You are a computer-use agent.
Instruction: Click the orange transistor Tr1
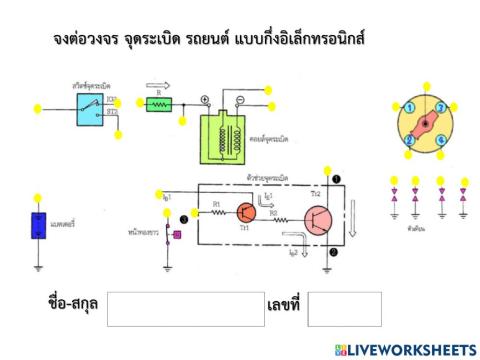246,212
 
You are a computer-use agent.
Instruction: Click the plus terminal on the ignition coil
205,100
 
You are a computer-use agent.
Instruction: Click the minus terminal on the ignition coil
240,100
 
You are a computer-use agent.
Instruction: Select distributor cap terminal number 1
410,108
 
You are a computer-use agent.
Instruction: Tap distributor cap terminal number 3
441,108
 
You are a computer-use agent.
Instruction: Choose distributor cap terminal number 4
441,140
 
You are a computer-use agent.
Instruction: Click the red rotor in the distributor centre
425,124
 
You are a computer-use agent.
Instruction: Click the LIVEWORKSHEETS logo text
410,349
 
